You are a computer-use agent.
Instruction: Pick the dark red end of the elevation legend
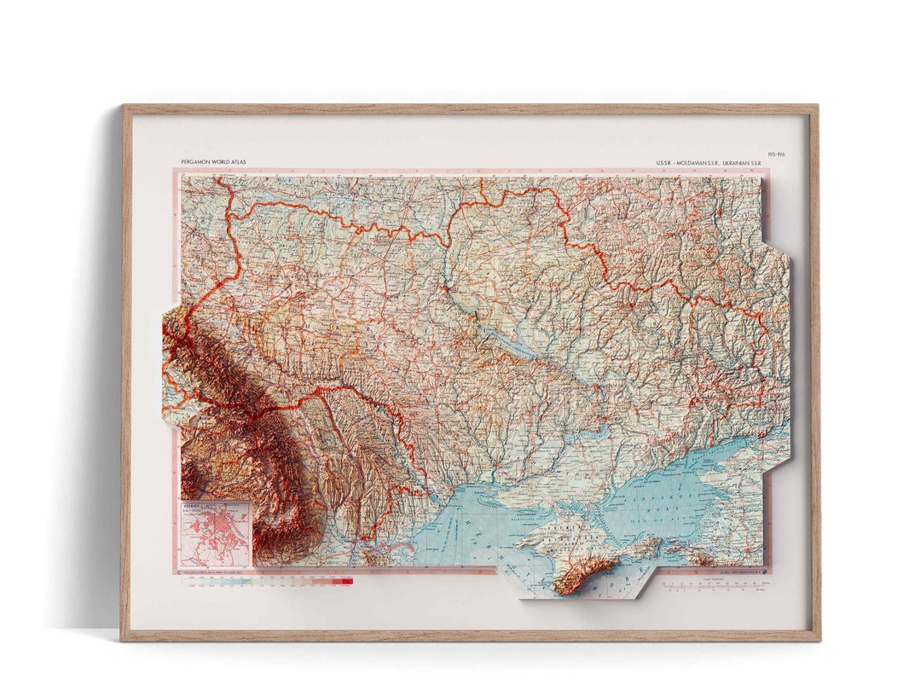(347, 581)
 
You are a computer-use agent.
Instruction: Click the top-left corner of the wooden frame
(125, 107)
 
